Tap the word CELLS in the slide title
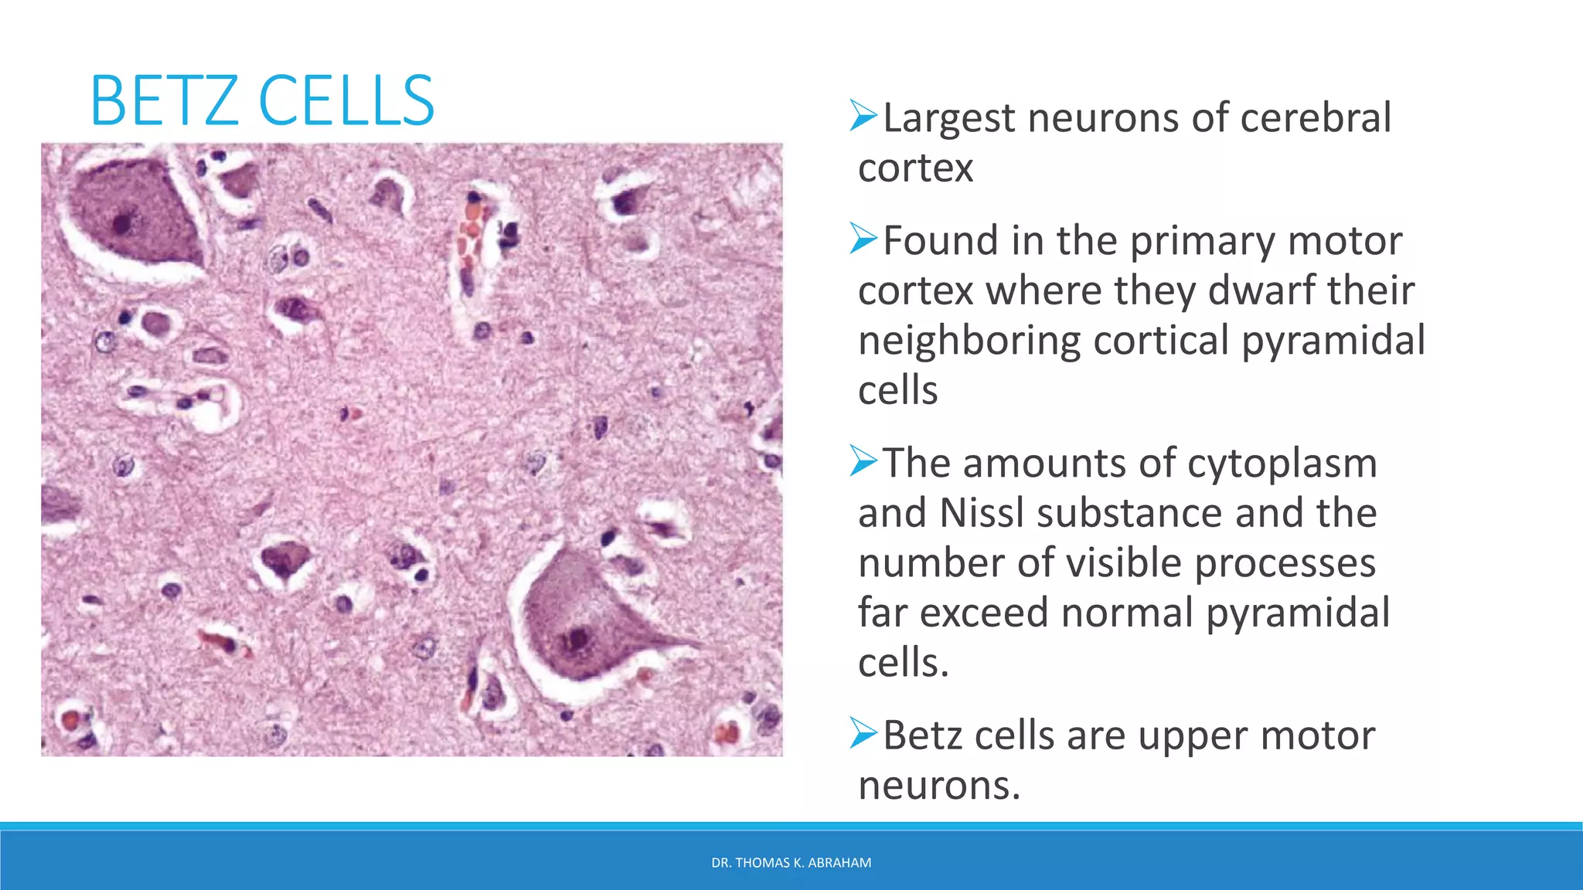pos(346,100)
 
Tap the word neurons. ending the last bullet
pos(939,786)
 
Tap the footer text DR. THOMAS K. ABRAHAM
pos(791,863)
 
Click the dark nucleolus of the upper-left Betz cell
pos(121,224)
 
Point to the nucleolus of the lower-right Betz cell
pos(577,639)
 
